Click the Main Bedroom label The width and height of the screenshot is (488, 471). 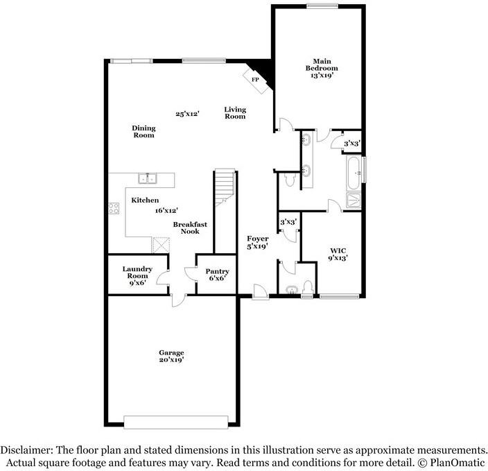click(x=322, y=68)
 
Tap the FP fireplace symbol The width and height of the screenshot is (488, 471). click(x=254, y=80)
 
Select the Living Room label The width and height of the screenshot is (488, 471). click(x=235, y=113)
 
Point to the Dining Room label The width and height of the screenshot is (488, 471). click(x=143, y=132)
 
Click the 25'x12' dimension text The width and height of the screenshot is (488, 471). click(x=187, y=114)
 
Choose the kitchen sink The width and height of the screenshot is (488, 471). click(x=148, y=179)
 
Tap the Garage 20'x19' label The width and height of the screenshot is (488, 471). click(x=171, y=357)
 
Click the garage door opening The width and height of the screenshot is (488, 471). click(x=175, y=422)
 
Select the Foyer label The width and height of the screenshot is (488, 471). click(x=258, y=242)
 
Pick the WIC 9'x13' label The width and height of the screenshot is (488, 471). click(x=338, y=254)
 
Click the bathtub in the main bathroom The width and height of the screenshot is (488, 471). click(x=354, y=170)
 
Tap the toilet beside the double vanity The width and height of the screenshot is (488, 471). click(x=290, y=180)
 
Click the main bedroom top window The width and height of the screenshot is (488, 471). click(x=317, y=6)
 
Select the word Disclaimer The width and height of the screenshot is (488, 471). click(x=27, y=450)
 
